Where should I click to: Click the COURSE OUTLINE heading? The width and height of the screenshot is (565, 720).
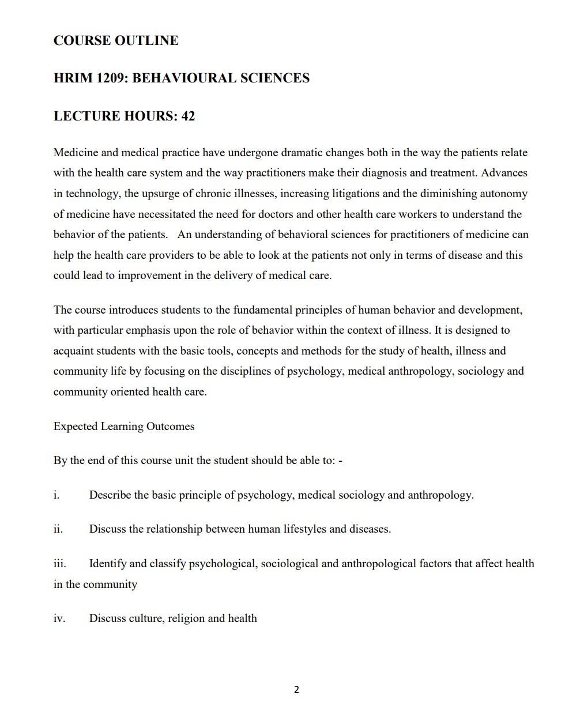click(x=116, y=40)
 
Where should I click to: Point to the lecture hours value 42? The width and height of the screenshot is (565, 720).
click(x=188, y=116)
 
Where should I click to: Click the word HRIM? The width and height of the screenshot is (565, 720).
click(x=73, y=78)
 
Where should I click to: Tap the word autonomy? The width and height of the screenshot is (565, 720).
click(x=503, y=194)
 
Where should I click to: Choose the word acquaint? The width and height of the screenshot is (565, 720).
click(x=73, y=351)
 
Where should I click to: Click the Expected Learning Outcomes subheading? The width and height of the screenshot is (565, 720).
click(x=124, y=427)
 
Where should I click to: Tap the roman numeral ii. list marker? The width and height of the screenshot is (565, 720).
click(x=58, y=529)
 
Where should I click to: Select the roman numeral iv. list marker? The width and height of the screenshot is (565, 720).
click(x=59, y=619)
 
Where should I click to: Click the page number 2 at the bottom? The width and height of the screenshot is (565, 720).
click(x=296, y=689)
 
